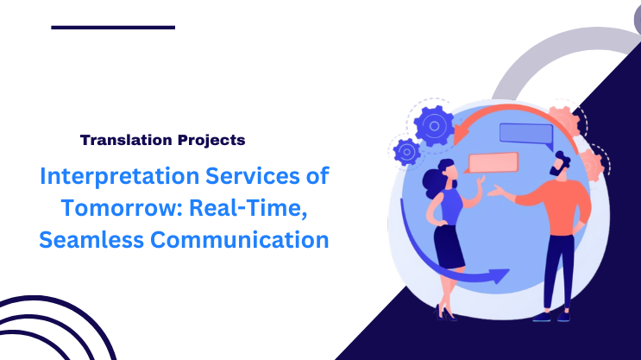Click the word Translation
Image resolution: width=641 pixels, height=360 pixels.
tap(118, 139)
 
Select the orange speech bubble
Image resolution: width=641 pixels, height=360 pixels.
tap(492, 161)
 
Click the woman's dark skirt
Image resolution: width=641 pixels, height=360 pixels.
tap(449, 246)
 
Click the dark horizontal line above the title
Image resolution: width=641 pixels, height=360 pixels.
tap(113, 28)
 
